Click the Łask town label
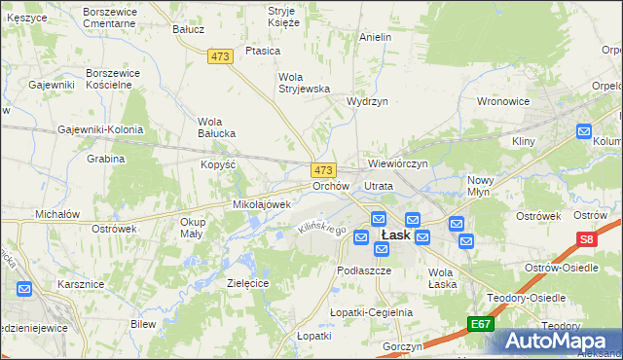(394, 235)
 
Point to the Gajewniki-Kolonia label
(100, 129)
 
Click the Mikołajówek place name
(262, 204)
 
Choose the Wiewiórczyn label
(398, 163)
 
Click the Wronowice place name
(503, 100)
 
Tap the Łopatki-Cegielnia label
(372, 312)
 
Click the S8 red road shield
(586, 239)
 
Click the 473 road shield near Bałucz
(220, 56)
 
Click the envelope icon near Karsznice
(24, 289)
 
